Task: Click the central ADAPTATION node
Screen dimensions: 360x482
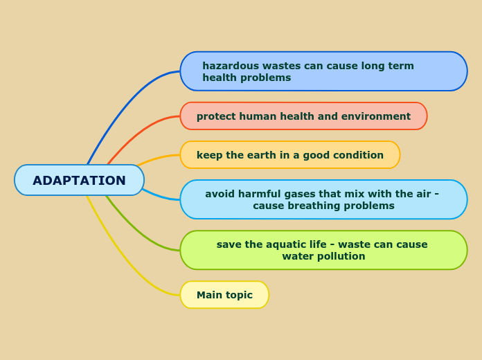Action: coord(79,180)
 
